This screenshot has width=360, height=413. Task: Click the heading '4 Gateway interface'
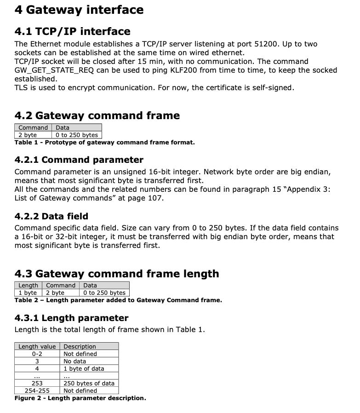[79, 10]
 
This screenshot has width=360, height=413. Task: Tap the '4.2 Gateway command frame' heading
[97, 115]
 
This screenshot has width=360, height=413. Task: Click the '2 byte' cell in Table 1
[28, 135]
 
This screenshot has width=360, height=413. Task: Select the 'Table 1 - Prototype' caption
[104, 142]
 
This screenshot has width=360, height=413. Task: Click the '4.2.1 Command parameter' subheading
[79, 160]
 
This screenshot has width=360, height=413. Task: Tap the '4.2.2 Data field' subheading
[51, 216]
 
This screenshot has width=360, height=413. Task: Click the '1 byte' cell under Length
[28, 293]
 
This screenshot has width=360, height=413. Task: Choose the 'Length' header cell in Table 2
[28, 286]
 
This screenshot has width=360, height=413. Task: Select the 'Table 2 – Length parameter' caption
[118, 300]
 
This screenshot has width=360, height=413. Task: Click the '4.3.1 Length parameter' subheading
[71, 318]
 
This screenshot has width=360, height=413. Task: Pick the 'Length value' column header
[37, 346]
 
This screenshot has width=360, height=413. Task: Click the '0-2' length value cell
[37, 354]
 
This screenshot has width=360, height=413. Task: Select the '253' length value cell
[37, 383]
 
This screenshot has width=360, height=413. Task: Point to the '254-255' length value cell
[37, 390]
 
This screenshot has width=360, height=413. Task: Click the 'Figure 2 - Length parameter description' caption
[80, 398]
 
